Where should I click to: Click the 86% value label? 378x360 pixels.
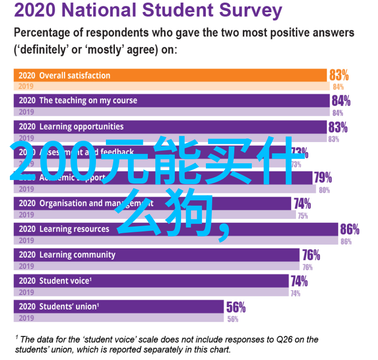pos(350,230)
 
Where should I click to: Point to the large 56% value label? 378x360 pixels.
pos(236,308)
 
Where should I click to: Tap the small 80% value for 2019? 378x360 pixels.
pos(324,190)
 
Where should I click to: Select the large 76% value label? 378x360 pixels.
pos(311,255)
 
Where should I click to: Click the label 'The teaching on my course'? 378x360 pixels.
pos(88,101)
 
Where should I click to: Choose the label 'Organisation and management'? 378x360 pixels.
pos(90,203)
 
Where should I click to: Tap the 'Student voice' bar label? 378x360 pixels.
pos(65,281)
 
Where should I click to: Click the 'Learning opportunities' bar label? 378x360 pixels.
pos(81,127)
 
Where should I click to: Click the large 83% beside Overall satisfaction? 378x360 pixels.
pos(339,75)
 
